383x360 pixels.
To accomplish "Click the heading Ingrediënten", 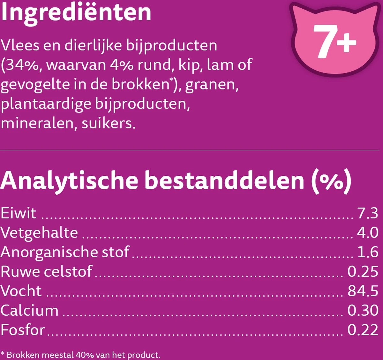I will coord(76,13).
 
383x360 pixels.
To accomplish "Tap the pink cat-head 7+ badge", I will coord(334,40).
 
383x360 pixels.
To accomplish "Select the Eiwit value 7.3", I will coord(368,213).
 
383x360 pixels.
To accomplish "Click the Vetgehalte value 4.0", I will coord(368,232).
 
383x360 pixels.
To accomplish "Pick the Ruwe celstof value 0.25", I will coord(363,271).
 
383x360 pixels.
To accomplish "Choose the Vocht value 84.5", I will coord(363,291).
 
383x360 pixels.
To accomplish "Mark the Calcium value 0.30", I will coord(363,310).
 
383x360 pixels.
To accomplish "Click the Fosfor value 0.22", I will coord(363,330).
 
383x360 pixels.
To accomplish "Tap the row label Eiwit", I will coord(19,213).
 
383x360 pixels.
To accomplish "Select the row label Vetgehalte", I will coord(39,232).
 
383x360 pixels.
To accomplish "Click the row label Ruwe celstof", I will coord(46,271).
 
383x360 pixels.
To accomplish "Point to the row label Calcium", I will coord(29,310).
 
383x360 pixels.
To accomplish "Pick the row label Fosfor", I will coord(23,330).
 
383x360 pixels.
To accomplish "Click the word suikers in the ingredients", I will coord(109,123).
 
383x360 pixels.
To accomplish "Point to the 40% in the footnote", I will coord(86,355).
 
